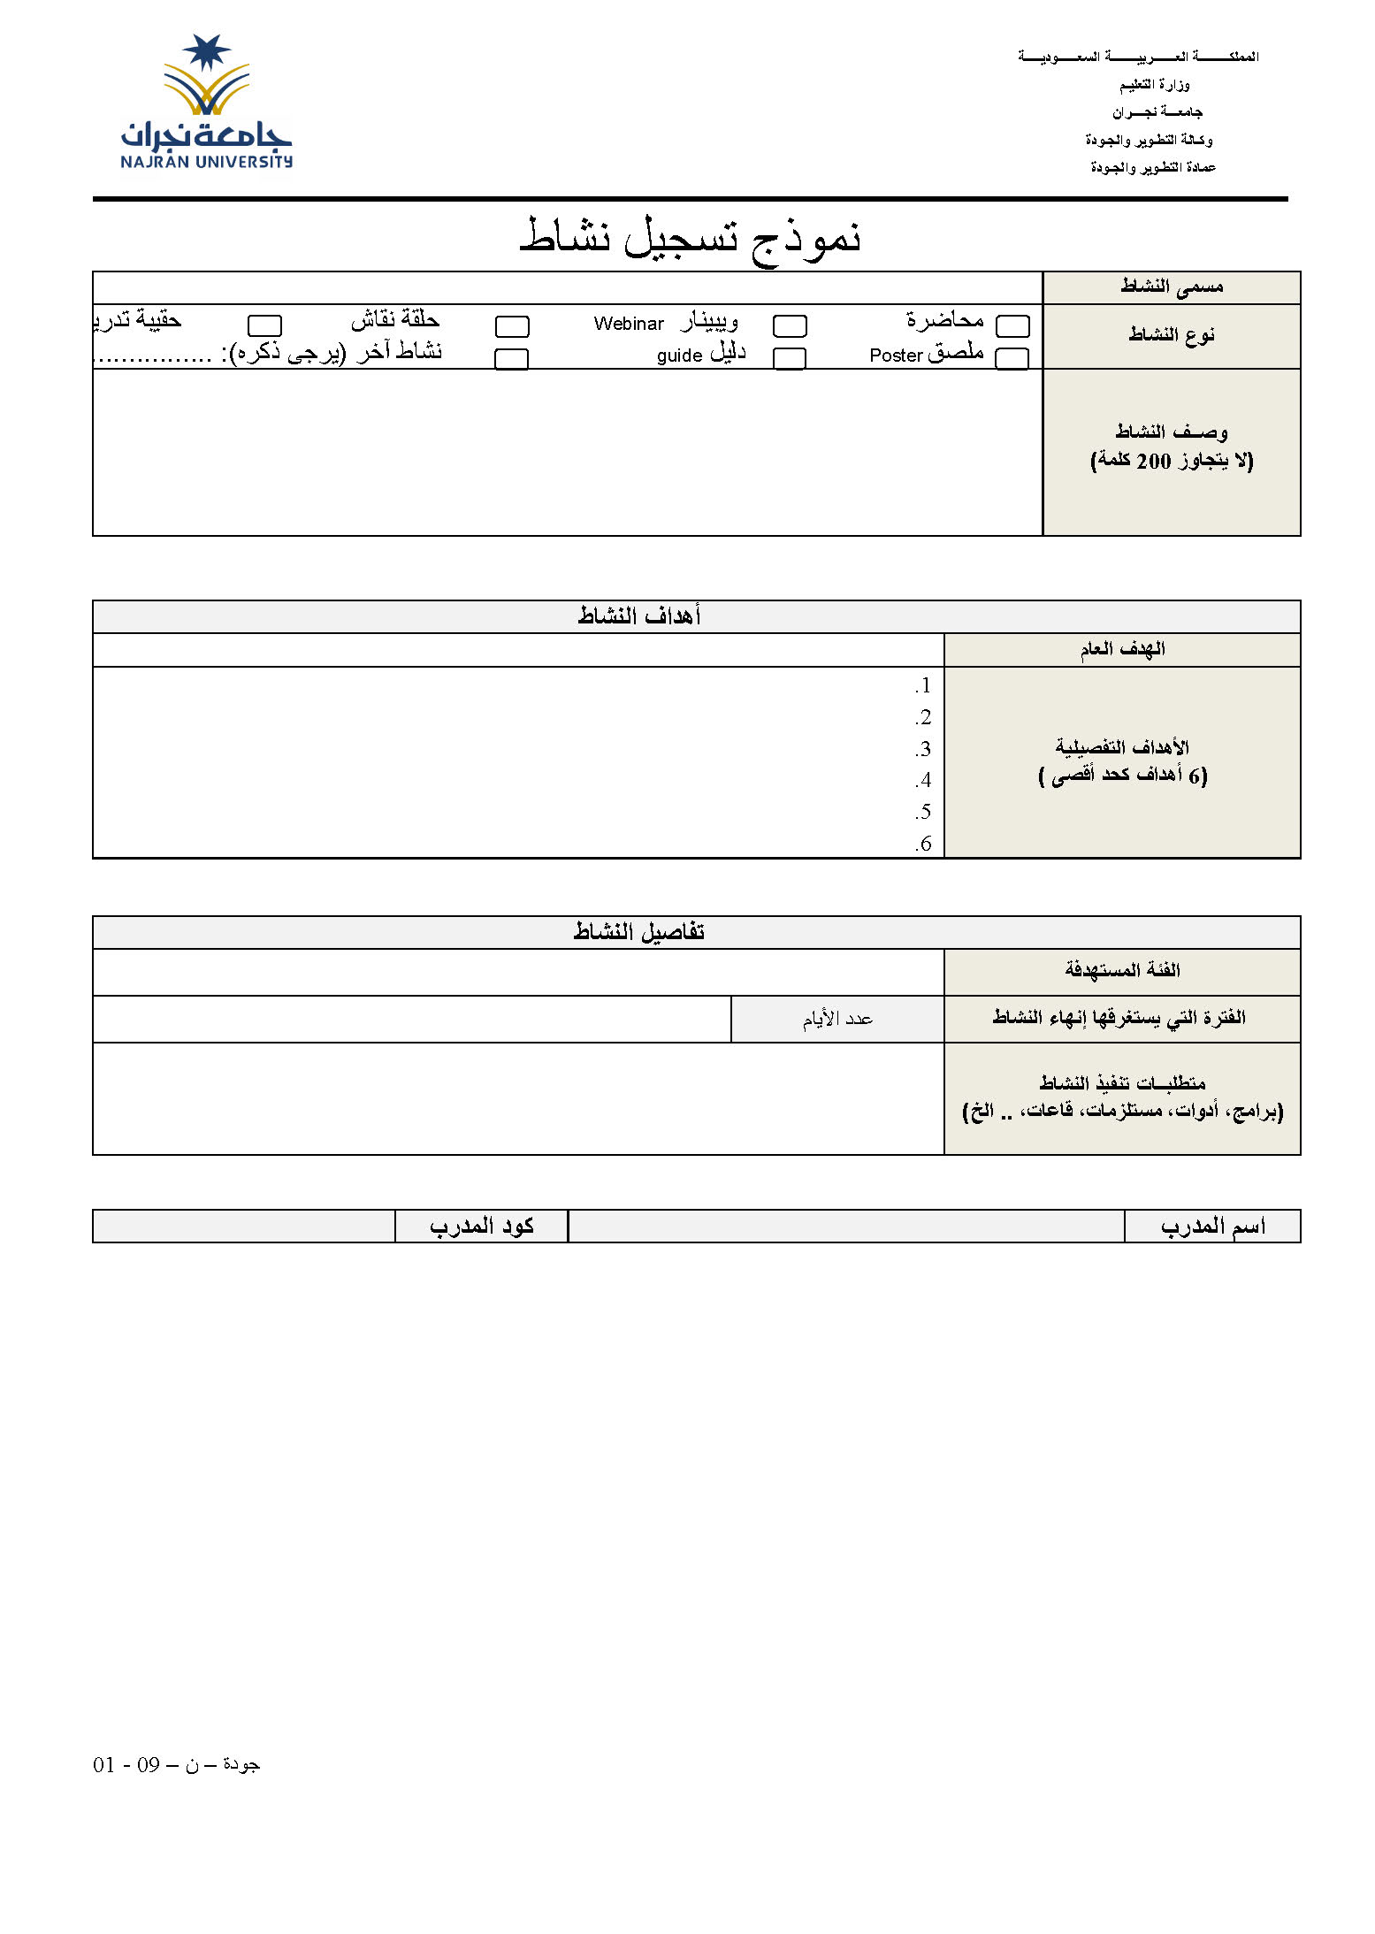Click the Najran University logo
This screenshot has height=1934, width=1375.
click(x=206, y=103)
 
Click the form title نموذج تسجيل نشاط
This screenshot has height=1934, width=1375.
click(x=690, y=237)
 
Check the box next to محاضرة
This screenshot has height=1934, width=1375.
click(x=1012, y=326)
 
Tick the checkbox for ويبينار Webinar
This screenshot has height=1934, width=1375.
click(x=790, y=326)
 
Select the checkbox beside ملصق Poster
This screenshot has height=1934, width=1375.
click(x=1012, y=358)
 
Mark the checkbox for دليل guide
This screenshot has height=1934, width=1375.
click(x=789, y=358)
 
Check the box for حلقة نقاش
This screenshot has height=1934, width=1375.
click(x=512, y=326)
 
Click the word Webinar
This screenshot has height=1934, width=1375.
click(x=629, y=325)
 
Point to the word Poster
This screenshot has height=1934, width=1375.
click(x=896, y=356)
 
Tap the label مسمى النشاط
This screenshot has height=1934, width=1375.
click(x=1172, y=287)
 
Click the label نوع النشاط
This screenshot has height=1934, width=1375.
click(x=1172, y=335)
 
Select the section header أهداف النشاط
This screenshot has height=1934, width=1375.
click(x=639, y=616)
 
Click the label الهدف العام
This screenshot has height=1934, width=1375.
click(x=1122, y=650)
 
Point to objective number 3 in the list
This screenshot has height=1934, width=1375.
click(x=923, y=749)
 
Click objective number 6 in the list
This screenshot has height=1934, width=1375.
click(x=923, y=844)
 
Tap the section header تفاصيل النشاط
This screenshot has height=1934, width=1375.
click(x=639, y=932)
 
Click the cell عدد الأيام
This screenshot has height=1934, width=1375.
click(x=837, y=1020)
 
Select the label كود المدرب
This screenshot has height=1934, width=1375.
click(x=482, y=1227)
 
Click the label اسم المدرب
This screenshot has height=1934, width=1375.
click(x=1212, y=1227)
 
